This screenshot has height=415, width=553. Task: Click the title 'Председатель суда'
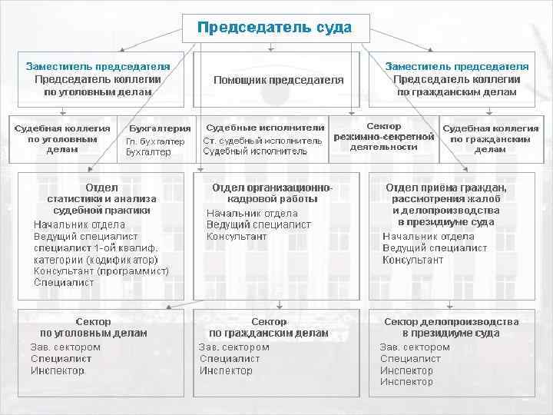pos(274,28)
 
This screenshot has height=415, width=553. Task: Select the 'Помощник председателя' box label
pos(278,80)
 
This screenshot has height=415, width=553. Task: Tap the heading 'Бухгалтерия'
pos(160,128)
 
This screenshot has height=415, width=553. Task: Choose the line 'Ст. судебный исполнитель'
pos(263,141)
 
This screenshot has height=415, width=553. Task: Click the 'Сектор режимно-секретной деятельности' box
pos(383,136)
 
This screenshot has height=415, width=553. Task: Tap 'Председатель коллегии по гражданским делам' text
pos(456,85)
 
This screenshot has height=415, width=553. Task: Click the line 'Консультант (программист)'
pos(101,271)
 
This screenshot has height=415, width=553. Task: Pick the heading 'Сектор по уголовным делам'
pos(93,327)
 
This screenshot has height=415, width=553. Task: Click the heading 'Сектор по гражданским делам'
pos(269,327)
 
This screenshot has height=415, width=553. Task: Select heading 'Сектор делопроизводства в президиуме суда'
pos(451,327)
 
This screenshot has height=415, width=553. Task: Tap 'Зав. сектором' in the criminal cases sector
pos(65,347)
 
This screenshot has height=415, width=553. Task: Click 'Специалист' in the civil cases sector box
pos(224,359)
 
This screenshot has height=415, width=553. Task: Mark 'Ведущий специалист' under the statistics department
pos(86,237)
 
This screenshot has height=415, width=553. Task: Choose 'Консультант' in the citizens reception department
pos(412,260)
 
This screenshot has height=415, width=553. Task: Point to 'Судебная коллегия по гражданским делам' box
pos(490,138)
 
